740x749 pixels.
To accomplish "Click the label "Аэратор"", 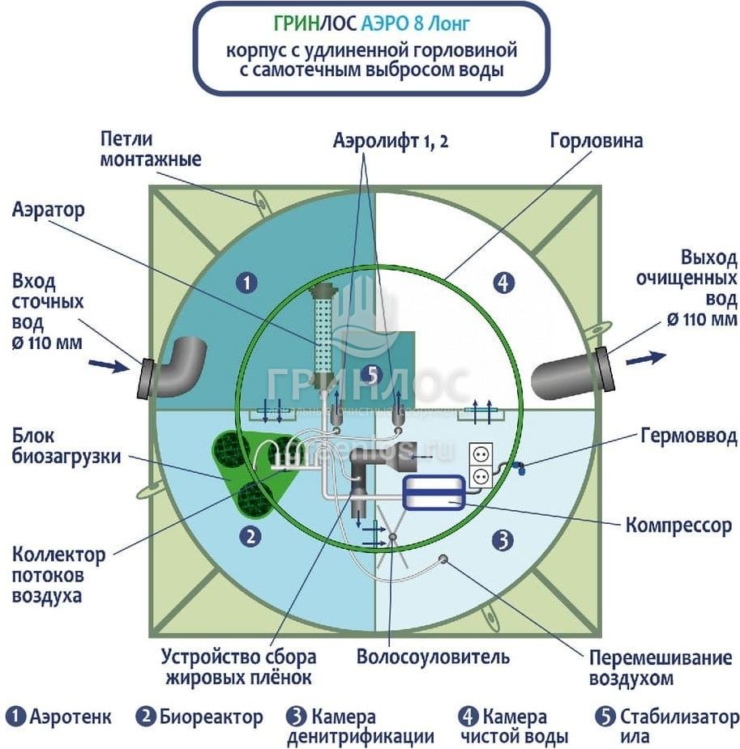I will (49, 211).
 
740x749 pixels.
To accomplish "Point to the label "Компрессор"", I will (678, 526).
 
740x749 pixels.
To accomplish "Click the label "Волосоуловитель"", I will (434, 656).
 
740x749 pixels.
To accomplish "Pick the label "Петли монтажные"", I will (150, 149).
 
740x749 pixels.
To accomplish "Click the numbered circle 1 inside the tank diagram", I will (246, 283).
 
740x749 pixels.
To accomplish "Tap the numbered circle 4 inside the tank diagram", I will (503, 283).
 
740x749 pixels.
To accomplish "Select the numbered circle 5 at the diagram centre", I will (372, 374).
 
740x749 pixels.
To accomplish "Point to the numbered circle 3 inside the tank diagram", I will (503, 538).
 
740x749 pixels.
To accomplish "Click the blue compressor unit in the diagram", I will (434, 492).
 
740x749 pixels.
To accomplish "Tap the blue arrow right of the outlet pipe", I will (648, 357).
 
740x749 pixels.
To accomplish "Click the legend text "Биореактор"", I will (211, 717).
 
